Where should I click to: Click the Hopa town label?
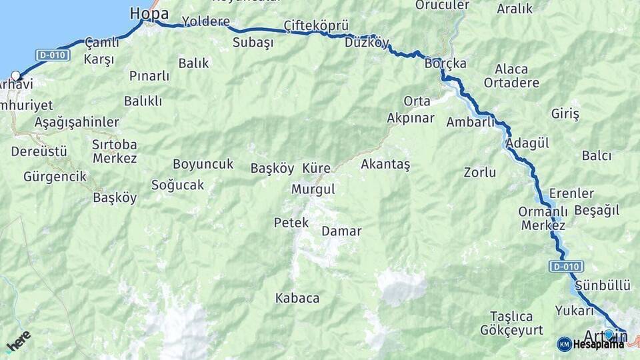point(149,13)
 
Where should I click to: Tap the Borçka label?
point(445,64)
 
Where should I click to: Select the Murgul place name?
point(313,189)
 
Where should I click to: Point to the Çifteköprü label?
point(316,25)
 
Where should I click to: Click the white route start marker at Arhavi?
point(15,76)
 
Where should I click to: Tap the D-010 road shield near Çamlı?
point(53,55)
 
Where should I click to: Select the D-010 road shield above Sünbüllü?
point(565,267)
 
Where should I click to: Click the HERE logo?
point(18,341)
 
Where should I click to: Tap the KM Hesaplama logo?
point(591,344)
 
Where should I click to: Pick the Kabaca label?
point(297,298)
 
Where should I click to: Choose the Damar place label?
point(341,231)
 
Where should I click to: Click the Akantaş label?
point(385,163)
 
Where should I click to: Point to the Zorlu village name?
point(480,173)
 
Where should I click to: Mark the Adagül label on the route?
point(527,143)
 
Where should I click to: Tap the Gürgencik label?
point(55,177)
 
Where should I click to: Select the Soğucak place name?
point(177,185)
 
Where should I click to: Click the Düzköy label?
point(367,43)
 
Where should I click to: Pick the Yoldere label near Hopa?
point(206,21)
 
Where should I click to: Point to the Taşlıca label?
point(511,316)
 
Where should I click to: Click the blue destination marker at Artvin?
point(608,334)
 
